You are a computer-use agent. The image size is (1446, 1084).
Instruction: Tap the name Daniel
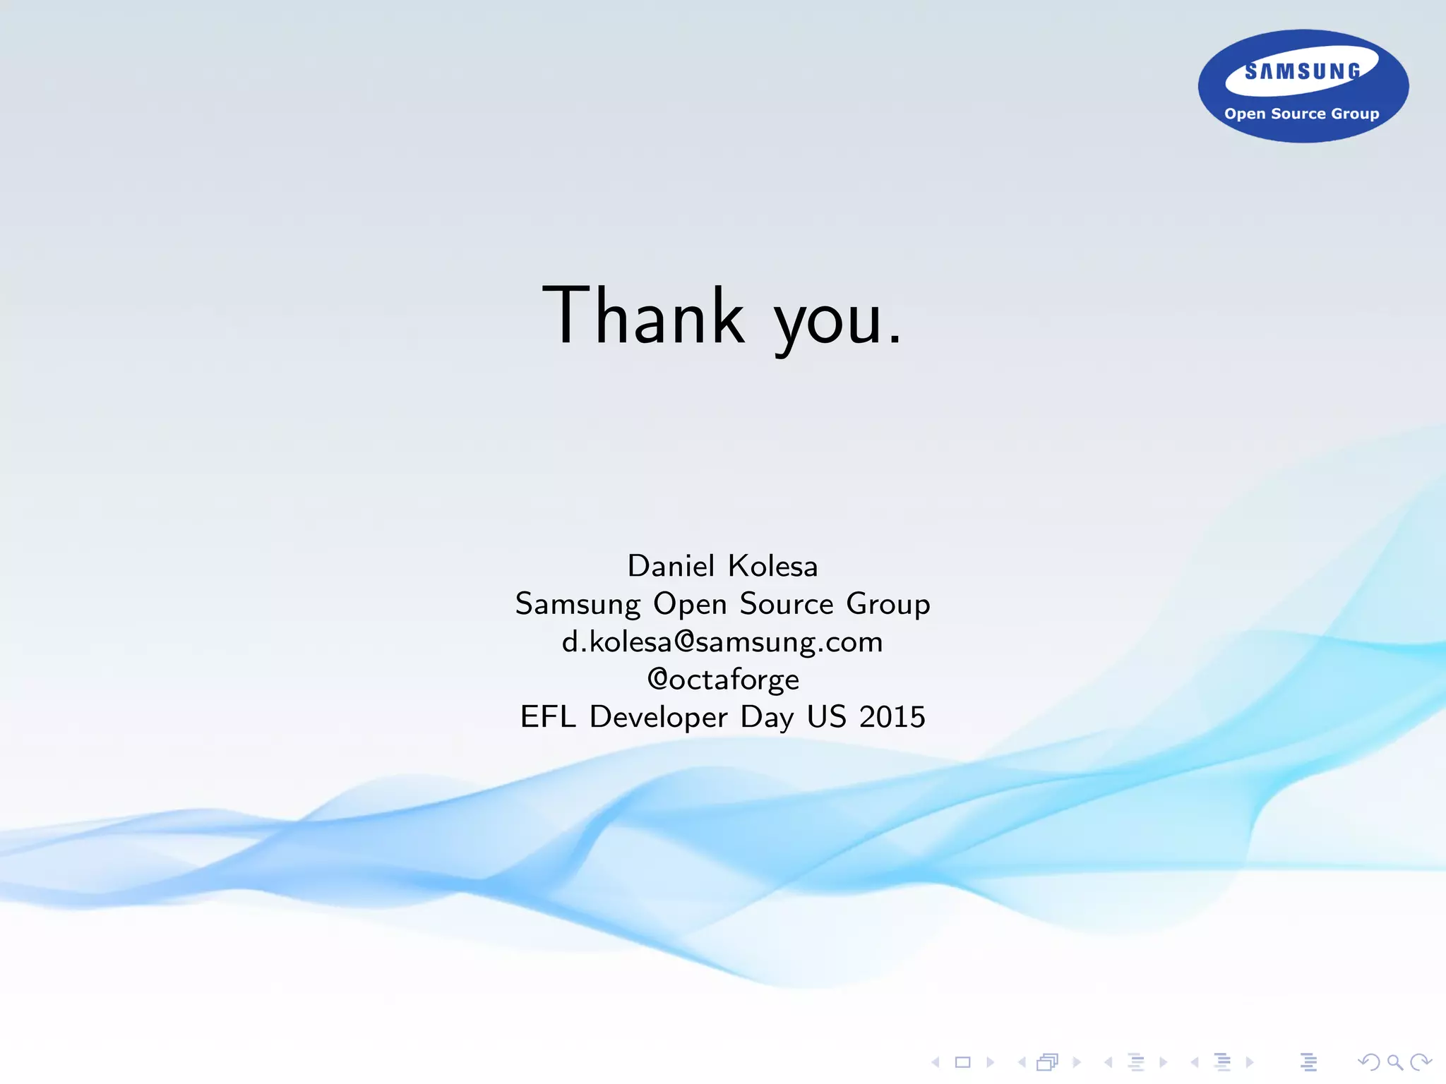(x=671, y=566)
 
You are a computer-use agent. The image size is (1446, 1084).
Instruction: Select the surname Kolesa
(x=772, y=566)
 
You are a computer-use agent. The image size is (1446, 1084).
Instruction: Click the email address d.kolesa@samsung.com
(x=722, y=642)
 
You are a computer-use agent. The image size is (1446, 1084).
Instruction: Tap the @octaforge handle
(x=723, y=680)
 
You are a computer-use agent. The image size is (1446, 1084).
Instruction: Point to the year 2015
(x=892, y=717)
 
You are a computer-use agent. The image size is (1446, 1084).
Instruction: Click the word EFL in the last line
(x=547, y=717)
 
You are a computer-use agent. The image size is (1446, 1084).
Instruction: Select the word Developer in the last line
(x=658, y=717)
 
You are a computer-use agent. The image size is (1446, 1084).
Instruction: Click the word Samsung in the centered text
(x=578, y=605)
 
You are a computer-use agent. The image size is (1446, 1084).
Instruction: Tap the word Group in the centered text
(x=888, y=605)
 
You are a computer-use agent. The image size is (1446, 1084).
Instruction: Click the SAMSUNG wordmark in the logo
(x=1303, y=71)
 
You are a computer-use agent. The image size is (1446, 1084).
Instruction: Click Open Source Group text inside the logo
(x=1301, y=114)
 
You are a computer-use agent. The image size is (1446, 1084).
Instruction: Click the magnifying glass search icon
(x=1394, y=1062)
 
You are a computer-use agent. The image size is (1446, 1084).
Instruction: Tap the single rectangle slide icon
(x=962, y=1062)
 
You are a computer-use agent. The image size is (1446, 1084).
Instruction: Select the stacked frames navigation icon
(x=1048, y=1062)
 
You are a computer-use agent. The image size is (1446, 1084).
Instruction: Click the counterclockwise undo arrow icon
(x=1368, y=1062)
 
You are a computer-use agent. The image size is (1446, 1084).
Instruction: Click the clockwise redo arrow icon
(x=1420, y=1062)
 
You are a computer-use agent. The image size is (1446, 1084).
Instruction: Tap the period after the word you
(x=895, y=342)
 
